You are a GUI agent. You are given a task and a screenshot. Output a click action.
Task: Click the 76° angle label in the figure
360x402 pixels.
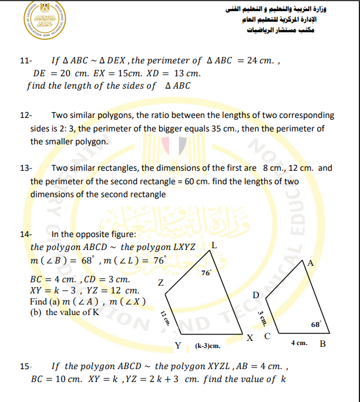click(x=206, y=273)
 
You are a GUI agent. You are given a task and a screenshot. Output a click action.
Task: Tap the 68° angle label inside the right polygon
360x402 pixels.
click(x=316, y=324)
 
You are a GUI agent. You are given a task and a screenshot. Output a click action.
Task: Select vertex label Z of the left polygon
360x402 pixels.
click(x=160, y=283)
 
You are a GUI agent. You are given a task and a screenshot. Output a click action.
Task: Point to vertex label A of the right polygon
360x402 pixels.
click(x=311, y=264)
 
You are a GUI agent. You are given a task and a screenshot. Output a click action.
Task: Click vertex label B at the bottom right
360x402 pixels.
click(x=322, y=343)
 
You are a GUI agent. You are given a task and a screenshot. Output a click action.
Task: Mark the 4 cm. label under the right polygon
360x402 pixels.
click(x=300, y=342)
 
